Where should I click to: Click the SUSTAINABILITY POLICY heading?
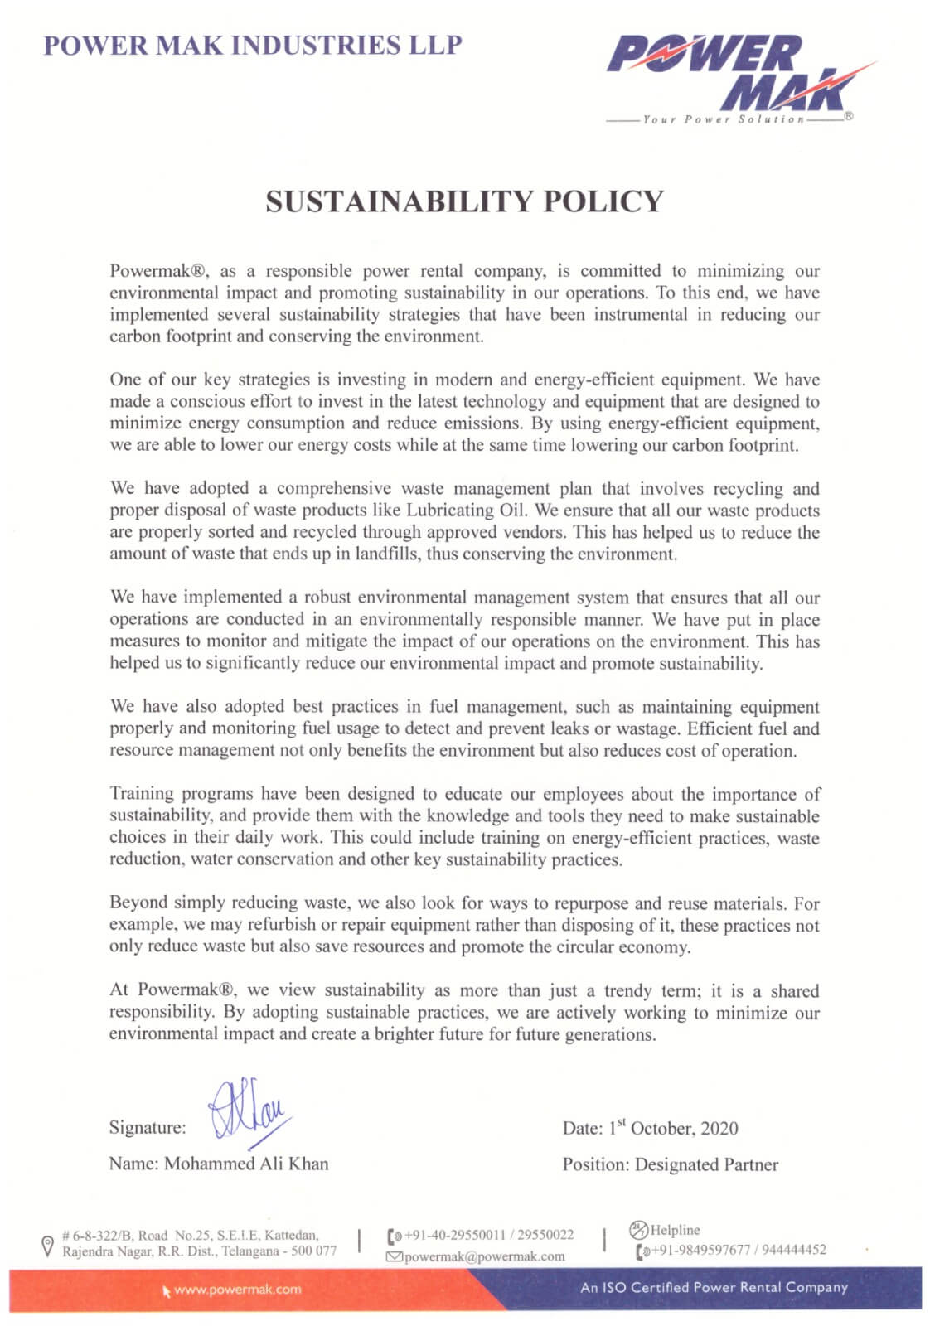tap(464, 201)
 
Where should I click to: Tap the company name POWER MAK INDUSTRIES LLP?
tap(253, 45)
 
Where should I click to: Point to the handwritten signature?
tap(248, 1108)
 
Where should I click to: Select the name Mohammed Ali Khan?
tap(246, 1164)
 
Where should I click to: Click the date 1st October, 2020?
tap(673, 1128)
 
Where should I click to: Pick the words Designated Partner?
tap(706, 1164)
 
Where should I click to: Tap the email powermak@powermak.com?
tap(485, 1256)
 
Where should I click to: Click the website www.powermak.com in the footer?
tap(238, 1290)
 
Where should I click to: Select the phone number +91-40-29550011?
tap(454, 1235)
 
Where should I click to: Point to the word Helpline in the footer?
tap(675, 1230)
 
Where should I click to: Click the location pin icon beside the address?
tap(48, 1245)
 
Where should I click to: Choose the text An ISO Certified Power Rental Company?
tap(714, 1288)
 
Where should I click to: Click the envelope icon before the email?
tap(395, 1257)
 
